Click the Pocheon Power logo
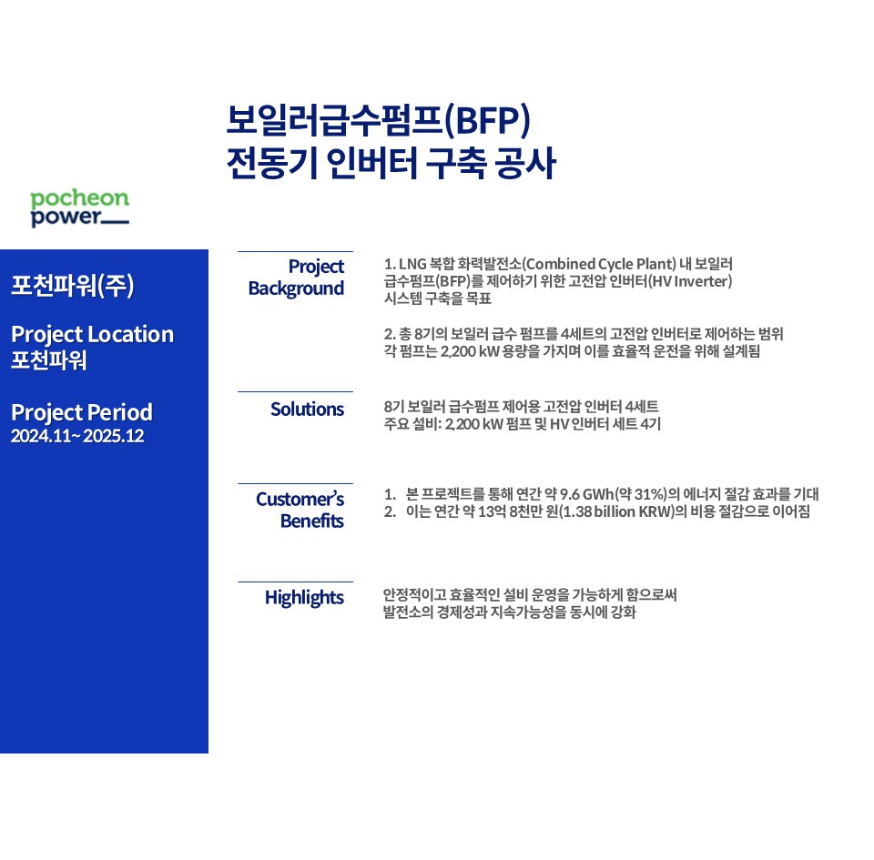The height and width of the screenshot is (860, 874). tap(80, 207)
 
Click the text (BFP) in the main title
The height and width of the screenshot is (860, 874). tap(487, 120)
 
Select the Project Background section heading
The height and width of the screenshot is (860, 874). tap(296, 278)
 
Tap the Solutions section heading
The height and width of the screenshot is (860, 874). tap(307, 410)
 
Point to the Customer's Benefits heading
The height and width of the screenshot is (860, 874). tap(300, 510)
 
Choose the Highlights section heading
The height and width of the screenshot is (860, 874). tap(304, 598)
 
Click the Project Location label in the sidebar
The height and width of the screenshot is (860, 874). tap(93, 335)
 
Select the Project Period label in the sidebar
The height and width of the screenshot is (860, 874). tap(82, 413)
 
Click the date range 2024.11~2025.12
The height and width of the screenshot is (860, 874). tap(77, 436)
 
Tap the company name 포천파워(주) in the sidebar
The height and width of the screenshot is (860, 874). tap(73, 285)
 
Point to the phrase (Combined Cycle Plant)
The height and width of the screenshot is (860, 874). tap(599, 263)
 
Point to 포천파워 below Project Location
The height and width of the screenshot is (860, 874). tap(49, 359)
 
